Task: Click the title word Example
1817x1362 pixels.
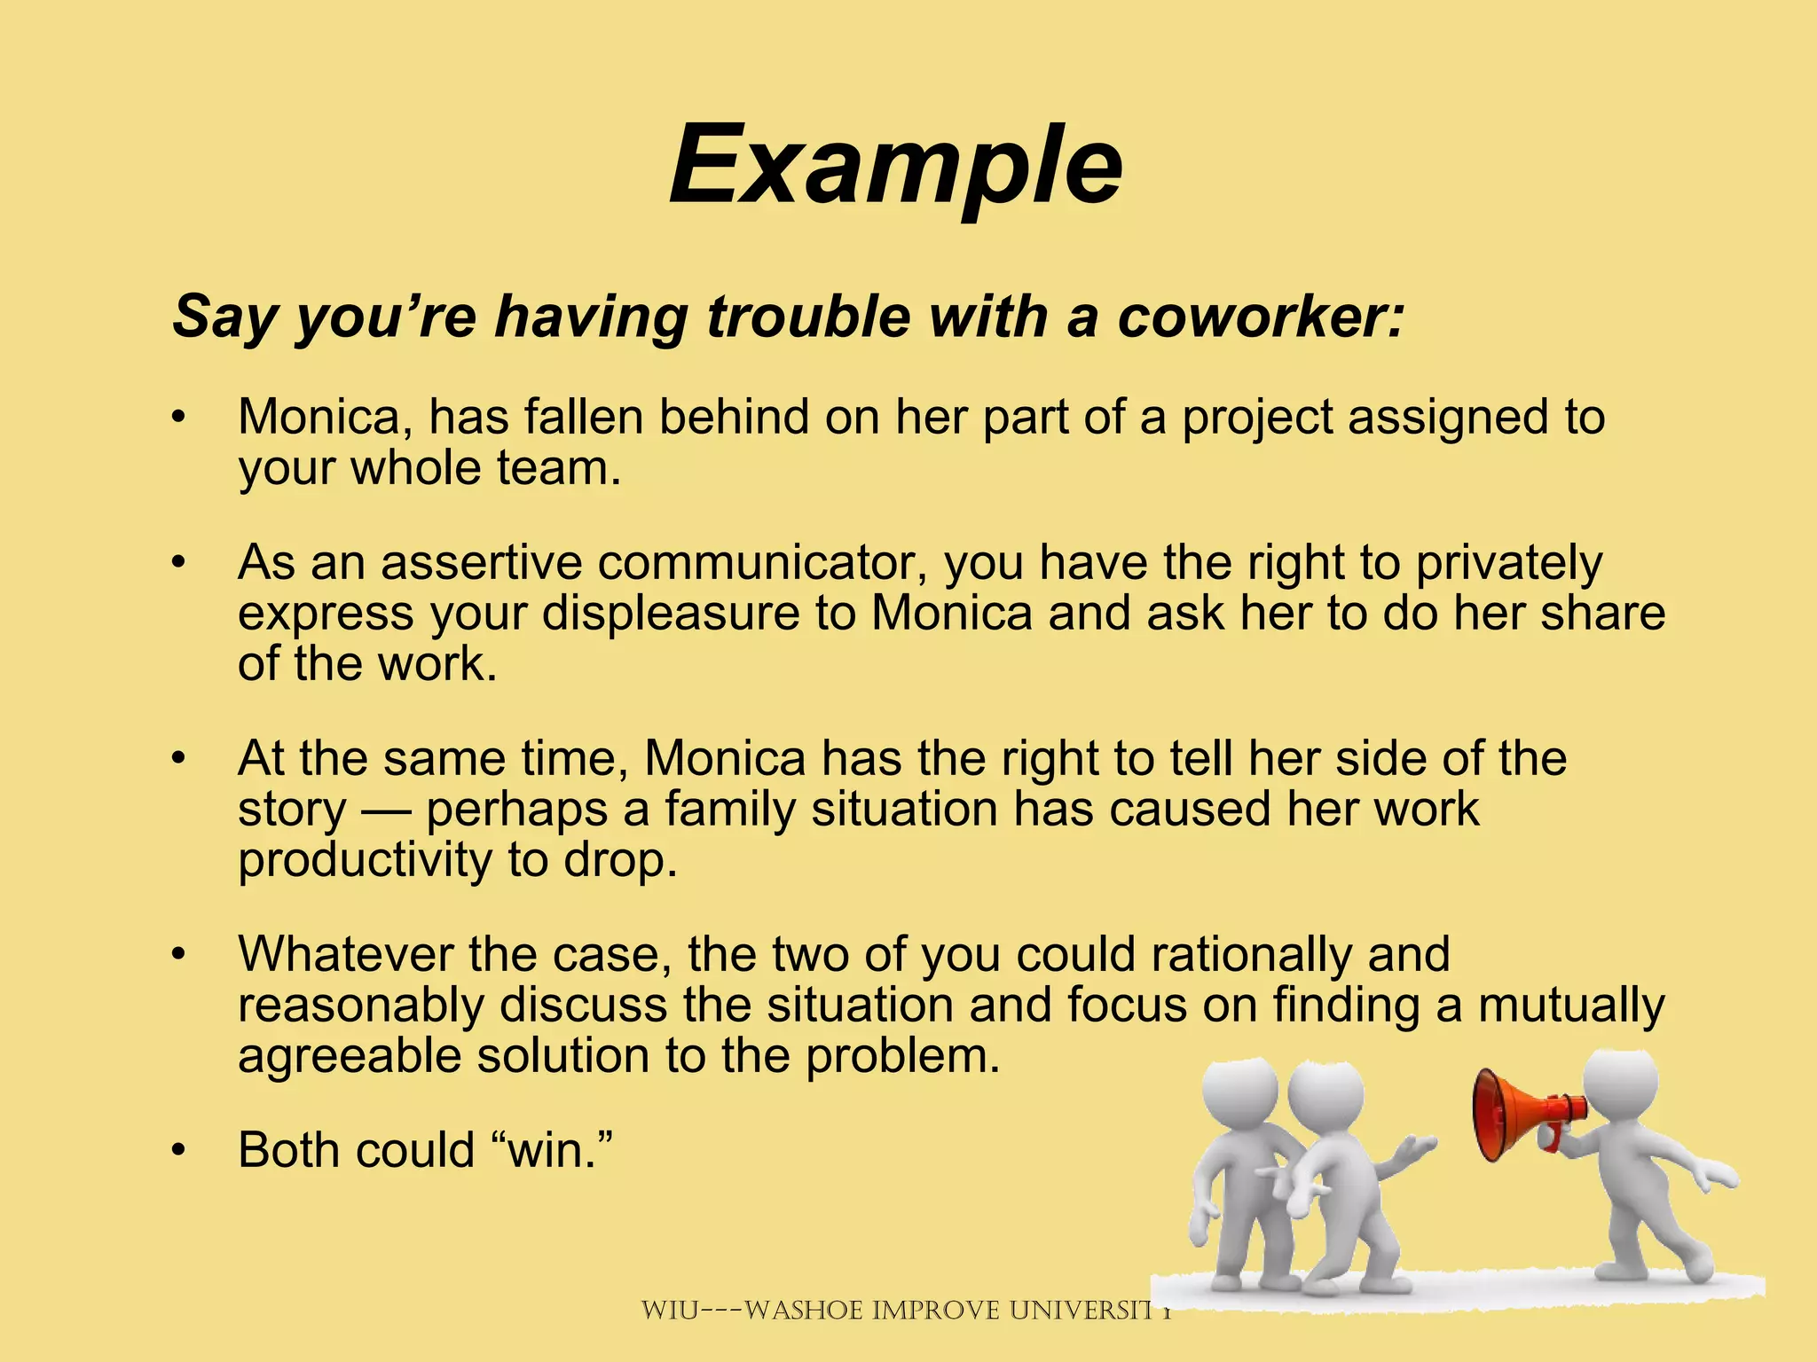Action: (x=896, y=167)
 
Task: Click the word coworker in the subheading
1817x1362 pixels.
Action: (x=1260, y=317)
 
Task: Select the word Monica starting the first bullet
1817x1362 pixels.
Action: (x=325, y=417)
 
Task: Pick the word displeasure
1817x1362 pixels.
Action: (x=671, y=614)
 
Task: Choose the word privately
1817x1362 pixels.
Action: (x=1509, y=564)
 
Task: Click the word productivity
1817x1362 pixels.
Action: (x=365, y=861)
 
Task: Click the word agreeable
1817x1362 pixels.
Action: (x=349, y=1057)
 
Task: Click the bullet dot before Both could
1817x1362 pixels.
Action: (x=179, y=1151)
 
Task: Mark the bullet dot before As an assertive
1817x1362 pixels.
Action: (x=179, y=563)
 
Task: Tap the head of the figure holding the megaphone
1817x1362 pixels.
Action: (x=1620, y=1087)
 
